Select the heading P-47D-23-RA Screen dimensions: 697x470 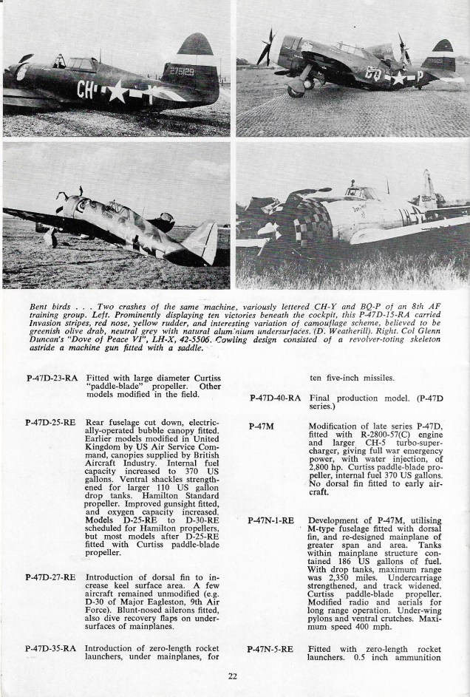[51, 378]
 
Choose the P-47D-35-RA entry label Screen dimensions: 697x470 [51, 649]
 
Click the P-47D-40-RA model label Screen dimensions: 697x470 [275, 398]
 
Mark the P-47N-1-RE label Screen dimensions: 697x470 [270, 521]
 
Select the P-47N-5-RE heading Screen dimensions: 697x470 [270, 649]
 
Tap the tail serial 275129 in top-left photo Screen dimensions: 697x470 [180, 72]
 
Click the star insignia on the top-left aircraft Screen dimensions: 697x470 [116, 92]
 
